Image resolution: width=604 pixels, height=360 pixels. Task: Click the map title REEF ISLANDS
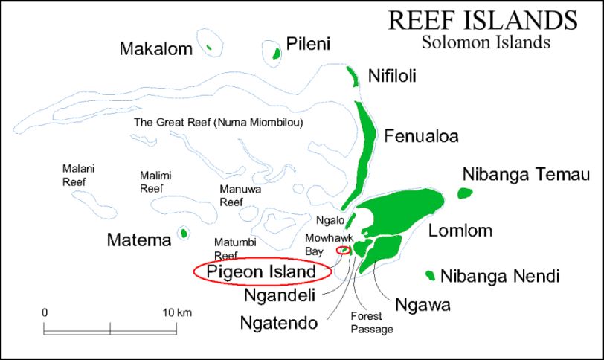pos(482,20)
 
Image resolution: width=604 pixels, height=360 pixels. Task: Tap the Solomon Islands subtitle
pos(485,42)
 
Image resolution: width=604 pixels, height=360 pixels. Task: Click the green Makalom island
pos(210,49)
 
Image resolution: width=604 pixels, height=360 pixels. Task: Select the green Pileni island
pos(276,54)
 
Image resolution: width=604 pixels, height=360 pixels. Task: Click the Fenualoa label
pos(421,136)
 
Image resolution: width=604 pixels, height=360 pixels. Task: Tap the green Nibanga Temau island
pos(465,193)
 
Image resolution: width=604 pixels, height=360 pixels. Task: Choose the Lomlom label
pos(460,231)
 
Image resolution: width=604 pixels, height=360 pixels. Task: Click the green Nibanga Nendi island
pos(430,276)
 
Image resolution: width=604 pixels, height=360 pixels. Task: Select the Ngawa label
pos(423,304)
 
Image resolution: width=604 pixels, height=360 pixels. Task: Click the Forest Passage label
pos(371,322)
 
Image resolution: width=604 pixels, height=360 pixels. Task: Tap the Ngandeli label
pos(280,295)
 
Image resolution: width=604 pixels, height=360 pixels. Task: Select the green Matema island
pos(183,234)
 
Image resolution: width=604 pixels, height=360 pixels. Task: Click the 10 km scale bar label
pos(177,312)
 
